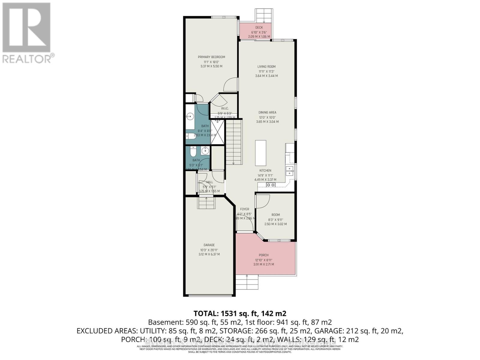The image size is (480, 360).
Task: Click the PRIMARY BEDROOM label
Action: [x=211, y=57]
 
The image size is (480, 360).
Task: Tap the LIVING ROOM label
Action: [x=266, y=67]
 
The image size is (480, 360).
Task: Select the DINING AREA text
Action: [x=267, y=112]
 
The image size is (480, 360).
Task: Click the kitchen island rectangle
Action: [x=261, y=153]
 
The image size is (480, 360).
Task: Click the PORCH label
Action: [x=264, y=255]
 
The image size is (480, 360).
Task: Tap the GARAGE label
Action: [x=209, y=245]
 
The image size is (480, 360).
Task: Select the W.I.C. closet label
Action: [x=225, y=108]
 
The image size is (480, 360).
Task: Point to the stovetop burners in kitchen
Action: [x=271, y=185]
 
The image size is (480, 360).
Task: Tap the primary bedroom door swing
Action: [x=230, y=85]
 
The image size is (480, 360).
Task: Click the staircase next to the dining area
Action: [x=234, y=141]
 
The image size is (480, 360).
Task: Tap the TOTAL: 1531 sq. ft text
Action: [x=240, y=313]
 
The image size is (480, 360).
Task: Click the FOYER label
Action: [x=244, y=209]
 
